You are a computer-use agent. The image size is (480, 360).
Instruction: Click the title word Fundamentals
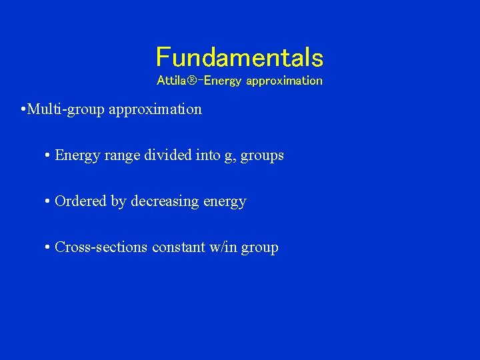coord(239,57)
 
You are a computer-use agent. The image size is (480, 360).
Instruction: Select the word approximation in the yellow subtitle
coord(284,81)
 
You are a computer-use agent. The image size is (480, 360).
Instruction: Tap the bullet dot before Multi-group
coord(23,109)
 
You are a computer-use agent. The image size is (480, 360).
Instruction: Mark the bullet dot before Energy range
coord(48,155)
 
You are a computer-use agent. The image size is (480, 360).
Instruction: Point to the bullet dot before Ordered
coord(48,201)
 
